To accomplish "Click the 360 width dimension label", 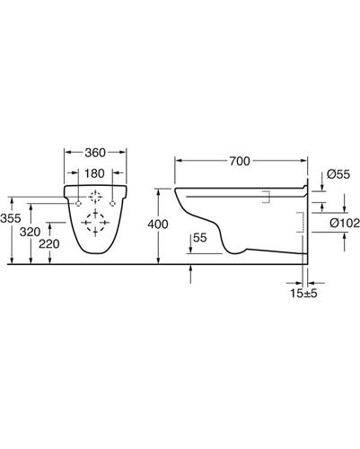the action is [95, 153].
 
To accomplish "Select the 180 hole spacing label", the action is [94, 173].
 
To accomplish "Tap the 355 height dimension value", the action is [11, 218].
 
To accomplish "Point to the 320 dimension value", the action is [30, 232].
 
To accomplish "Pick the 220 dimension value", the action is [49, 244].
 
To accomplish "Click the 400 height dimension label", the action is [158, 224].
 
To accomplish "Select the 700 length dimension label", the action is [240, 162].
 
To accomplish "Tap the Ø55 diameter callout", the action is [338, 174].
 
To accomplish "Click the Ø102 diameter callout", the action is [345, 223].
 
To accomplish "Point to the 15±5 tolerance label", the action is [303, 294].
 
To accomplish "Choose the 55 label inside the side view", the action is [200, 238].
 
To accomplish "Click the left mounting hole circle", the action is [78, 204].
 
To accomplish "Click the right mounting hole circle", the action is [113, 204].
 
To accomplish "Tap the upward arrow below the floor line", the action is [190, 274].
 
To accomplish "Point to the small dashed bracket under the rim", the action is [267, 197].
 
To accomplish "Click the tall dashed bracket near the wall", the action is [301, 223].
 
